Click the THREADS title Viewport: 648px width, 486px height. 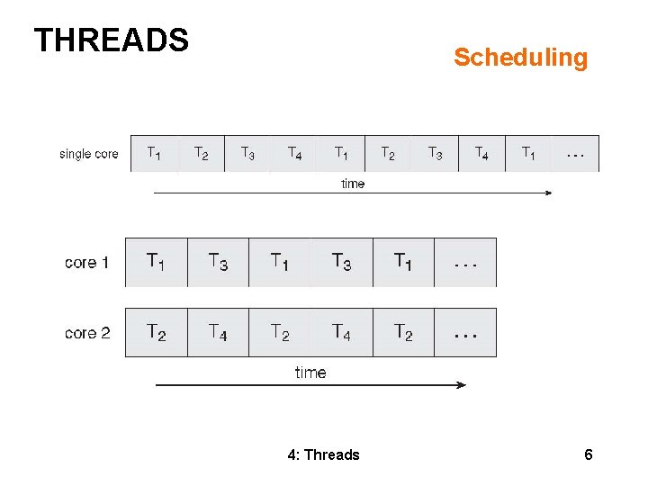click(x=111, y=40)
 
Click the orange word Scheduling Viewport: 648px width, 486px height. click(x=520, y=58)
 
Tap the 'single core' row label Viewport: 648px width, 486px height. click(x=88, y=154)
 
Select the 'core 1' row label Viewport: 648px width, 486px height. click(x=87, y=263)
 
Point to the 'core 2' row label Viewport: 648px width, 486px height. click(x=87, y=333)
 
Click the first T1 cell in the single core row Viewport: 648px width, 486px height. click(x=155, y=153)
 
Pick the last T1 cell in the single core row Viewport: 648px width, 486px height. click(x=529, y=153)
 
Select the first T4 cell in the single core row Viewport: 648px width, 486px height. click(x=295, y=153)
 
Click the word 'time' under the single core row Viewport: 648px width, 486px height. click(x=353, y=184)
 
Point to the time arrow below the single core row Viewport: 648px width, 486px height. click(x=353, y=193)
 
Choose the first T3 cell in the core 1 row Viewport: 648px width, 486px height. click(x=218, y=262)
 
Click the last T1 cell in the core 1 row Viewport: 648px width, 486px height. click(x=403, y=262)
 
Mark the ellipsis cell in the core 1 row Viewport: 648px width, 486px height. click(x=465, y=262)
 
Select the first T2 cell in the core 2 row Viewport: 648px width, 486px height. click(x=156, y=332)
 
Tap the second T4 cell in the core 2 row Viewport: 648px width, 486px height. click(x=341, y=332)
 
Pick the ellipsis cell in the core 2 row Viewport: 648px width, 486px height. click(x=465, y=332)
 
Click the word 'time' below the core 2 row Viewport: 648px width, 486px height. click(x=310, y=372)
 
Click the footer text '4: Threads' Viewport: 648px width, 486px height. click(x=323, y=454)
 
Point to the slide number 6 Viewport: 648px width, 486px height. click(x=589, y=454)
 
